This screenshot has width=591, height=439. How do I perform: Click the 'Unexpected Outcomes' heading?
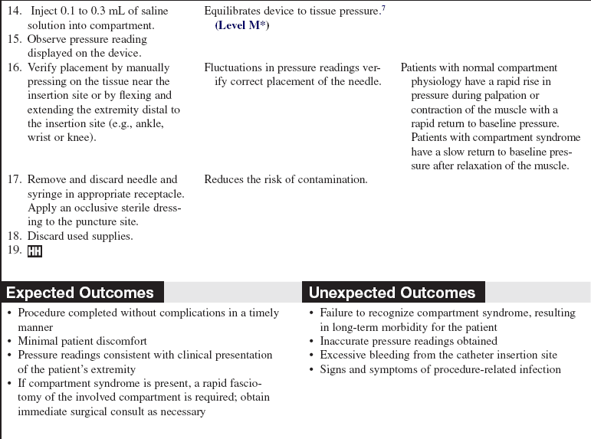[392, 293]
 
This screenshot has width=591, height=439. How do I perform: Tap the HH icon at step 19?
[34, 251]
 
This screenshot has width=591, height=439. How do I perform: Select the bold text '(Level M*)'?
[242, 25]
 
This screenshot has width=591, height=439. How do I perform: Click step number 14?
[14, 11]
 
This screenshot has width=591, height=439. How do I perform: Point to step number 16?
[14, 67]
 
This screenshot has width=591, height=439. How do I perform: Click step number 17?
[14, 179]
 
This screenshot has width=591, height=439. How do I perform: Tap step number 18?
[14, 236]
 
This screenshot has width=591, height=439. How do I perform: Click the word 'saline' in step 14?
[152, 11]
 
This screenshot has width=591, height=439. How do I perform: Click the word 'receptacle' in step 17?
[149, 194]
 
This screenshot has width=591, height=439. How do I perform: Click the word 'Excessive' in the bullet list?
[344, 355]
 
